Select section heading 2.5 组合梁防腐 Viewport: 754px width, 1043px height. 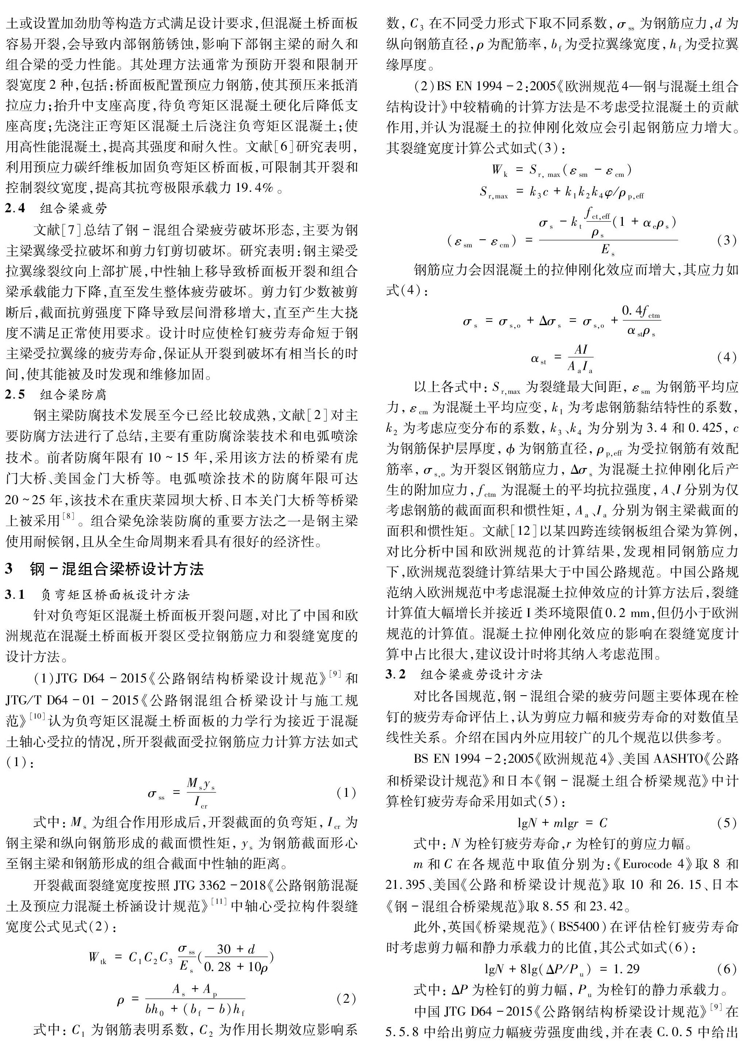[x=56, y=395]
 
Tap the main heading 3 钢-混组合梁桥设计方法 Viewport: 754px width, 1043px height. [x=104, y=569]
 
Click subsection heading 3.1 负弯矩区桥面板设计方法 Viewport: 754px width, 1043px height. [x=98, y=595]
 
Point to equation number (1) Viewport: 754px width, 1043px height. [x=346, y=792]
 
